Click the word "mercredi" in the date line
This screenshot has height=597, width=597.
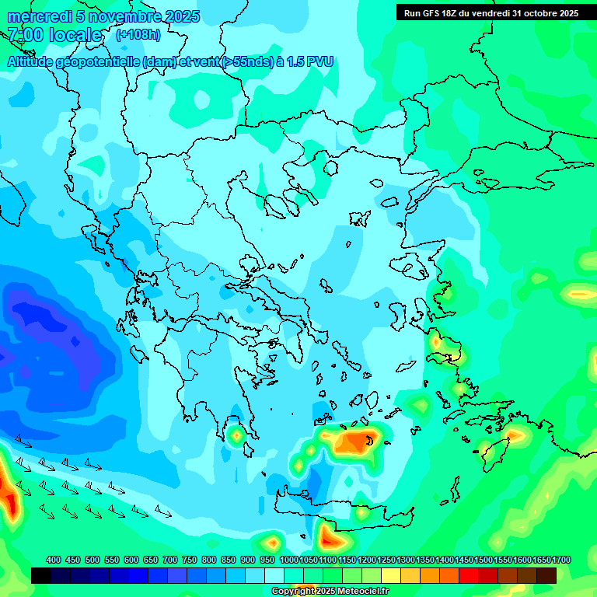point(35,16)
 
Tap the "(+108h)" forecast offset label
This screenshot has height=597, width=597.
point(138,35)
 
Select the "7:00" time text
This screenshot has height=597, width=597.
point(23,35)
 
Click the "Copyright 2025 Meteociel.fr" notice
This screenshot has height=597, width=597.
point(330,591)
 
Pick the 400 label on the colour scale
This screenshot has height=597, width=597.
point(54,560)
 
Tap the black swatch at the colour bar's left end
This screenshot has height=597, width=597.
point(41,575)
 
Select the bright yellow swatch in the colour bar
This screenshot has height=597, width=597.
point(391,575)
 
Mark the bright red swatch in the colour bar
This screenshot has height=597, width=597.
point(469,575)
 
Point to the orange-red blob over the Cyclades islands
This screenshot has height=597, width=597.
point(358,444)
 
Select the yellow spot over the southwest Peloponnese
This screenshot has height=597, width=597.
point(236,435)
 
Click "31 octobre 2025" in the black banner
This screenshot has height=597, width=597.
point(545,12)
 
